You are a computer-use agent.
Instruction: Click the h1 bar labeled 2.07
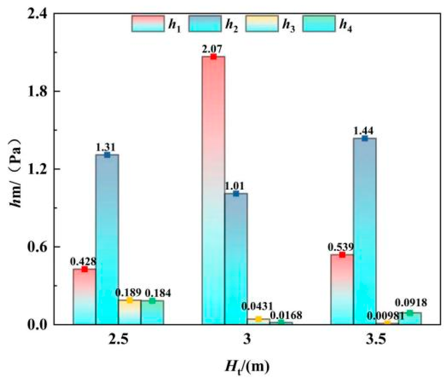tap(213, 190)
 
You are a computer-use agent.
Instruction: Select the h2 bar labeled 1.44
tap(365, 231)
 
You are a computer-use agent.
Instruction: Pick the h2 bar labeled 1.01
tap(236, 259)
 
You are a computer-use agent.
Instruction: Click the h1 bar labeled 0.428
tap(84, 296)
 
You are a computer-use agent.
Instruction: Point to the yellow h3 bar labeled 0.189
tap(129, 312)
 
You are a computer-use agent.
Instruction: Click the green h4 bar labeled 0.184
tap(152, 312)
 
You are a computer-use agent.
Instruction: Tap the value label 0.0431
tap(257, 307)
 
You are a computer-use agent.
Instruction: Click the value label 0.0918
tap(411, 303)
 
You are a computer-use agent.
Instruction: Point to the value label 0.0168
tap(286, 315)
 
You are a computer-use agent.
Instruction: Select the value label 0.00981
tap(386, 316)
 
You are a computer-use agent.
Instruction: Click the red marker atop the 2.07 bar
tap(213, 56)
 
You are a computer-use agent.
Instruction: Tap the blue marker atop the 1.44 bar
tap(365, 138)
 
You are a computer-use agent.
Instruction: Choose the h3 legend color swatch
tap(262, 24)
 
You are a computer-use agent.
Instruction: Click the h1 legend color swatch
tap(148, 24)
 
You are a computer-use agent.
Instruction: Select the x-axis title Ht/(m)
tap(247, 367)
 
